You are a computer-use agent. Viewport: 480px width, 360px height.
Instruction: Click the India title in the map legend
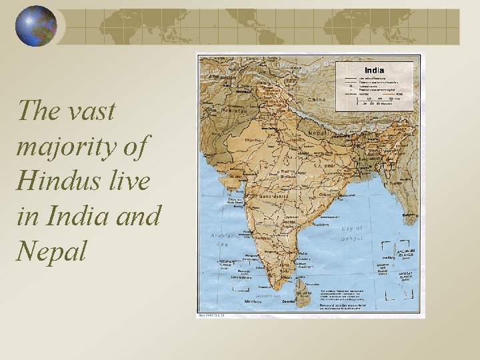pos(373,70)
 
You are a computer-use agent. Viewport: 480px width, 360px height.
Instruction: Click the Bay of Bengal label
pos(352,233)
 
